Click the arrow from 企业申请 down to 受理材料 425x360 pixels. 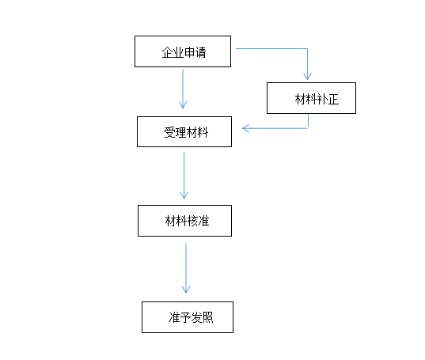tap(183, 89)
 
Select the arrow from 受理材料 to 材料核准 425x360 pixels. tap(184, 176)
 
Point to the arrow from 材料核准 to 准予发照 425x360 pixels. tap(186, 268)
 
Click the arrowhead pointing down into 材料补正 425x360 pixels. tap(307, 77)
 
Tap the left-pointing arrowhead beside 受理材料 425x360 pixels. tap(245, 128)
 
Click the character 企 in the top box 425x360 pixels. tap(167, 52)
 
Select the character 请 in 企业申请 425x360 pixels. tap(200, 52)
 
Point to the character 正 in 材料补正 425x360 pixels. tap(333, 99)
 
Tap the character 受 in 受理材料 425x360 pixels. tap(169, 133)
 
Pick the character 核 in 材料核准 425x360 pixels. tap(192, 221)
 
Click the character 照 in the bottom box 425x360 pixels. tap(207, 317)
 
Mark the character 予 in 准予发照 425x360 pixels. tap(185, 317)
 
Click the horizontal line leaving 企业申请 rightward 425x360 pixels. tap(271, 48)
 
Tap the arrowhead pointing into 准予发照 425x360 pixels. tap(186, 290)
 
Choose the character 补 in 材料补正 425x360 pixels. tap(322, 99)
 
